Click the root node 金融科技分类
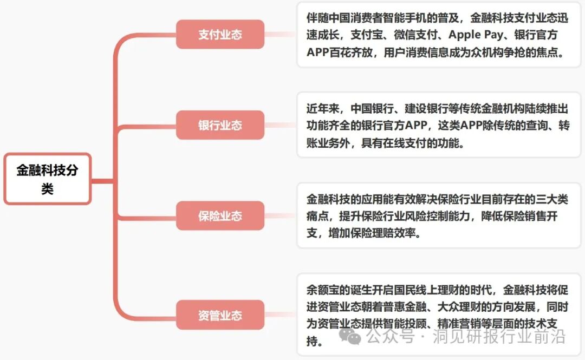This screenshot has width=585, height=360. pyautogui.click(x=47, y=179)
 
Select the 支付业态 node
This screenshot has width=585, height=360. pyautogui.click(x=220, y=35)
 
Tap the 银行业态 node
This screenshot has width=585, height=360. pyautogui.click(x=220, y=125)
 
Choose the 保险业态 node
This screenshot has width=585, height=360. pyautogui.click(x=220, y=216)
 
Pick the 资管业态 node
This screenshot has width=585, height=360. pyautogui.click(x=220, y=315)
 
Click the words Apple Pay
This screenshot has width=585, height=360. pyautogui.click(x=446, y=35)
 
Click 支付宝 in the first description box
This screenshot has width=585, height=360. pyautogui.click(x=346, y=35)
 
